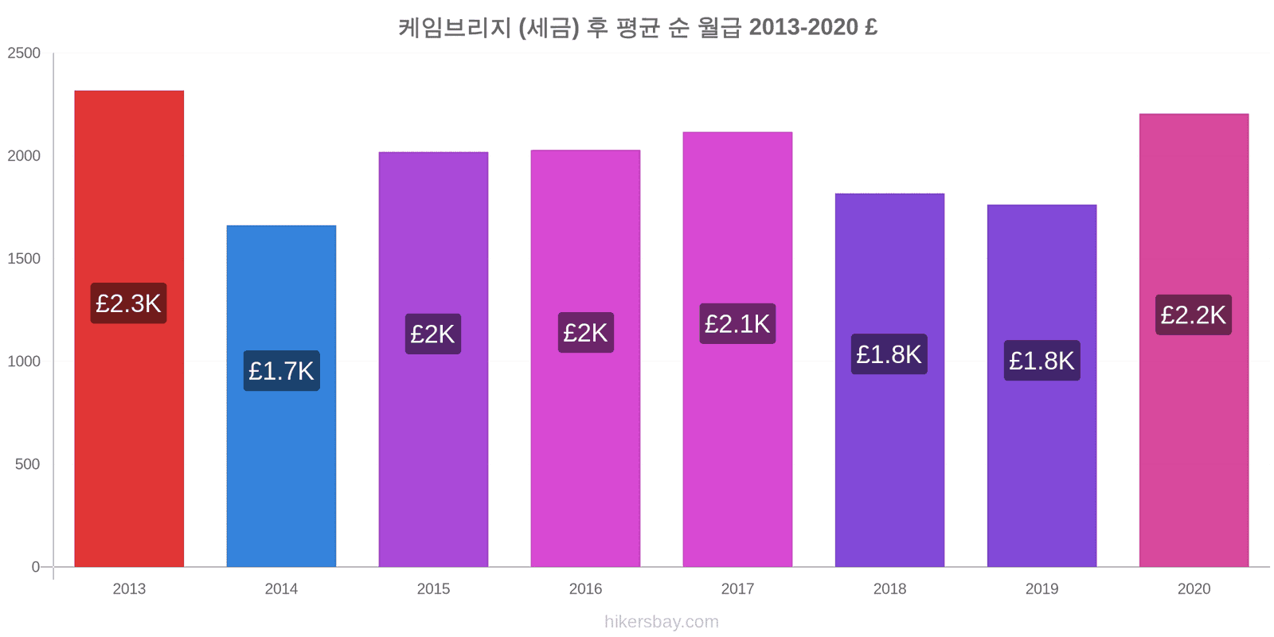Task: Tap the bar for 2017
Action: click(x=737, y=446)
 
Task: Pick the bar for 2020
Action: click(x=1194, y=446)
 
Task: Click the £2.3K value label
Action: click(x=129, y=303)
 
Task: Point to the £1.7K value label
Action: click(x=281, y=371)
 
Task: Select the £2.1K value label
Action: click(x=737, y=324)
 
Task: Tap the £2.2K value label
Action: click(x=1194, y=315)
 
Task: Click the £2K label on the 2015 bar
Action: click(x=433, y=334)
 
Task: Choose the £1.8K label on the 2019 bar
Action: click(x=1041, y=361)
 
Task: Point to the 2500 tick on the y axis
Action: click(x=24, y=53)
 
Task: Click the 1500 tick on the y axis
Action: click(x=24, y=259)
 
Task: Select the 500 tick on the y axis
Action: click(x=27, y=464)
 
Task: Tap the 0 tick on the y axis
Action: click(x=35, y=567)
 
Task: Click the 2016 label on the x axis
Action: click(x=585, y=589)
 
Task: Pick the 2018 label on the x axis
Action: click(x=889, y=589)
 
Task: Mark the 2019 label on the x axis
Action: click(x=1041, y=589)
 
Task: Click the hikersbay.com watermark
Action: click(x=661, y=622)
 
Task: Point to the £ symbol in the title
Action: click(x=870, y=27)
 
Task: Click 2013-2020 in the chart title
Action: click(x=803, y=27)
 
